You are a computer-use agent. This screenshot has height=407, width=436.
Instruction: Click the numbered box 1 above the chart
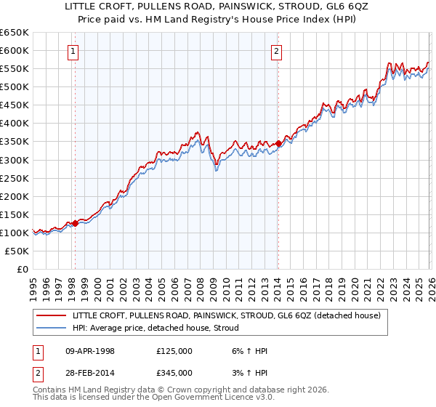[75, 51]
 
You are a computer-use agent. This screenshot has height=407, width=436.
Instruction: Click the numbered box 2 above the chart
[278, 51]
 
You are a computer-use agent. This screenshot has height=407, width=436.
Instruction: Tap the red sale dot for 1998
[75, 223]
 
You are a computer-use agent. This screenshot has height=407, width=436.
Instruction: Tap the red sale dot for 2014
[278, 143]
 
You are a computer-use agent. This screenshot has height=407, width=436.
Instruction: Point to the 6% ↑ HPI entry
[247, 351]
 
